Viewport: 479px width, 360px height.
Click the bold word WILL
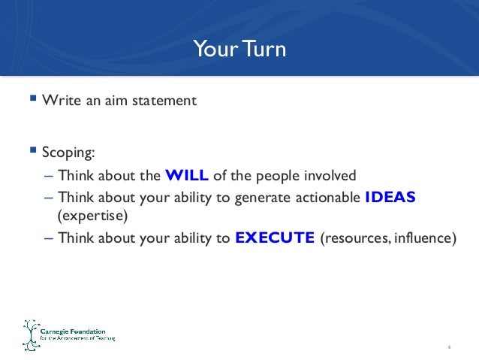(x=186, y=177)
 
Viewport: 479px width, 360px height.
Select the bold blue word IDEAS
(x=390, y=198)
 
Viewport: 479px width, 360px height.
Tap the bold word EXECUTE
(x=274, y=239)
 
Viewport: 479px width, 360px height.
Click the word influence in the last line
(x=426, y=239)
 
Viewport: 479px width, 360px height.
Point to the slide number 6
(x=448, y=346)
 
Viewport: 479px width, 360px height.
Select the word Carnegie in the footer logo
(x=58, y=330)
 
